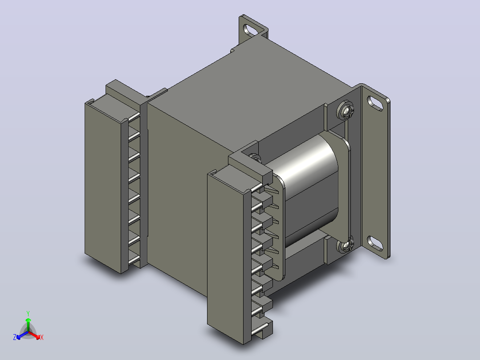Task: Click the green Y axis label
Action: tap(28, 313)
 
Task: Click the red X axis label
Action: tap(42, 337)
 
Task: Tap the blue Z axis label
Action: tap(14, 337)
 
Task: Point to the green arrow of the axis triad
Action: tap(28, 324)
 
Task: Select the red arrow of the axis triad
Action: tap(34, 335)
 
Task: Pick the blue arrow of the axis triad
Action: tap(22, 335)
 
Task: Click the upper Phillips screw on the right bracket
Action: tap(346, 110)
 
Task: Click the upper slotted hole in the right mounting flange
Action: tap(375, 103)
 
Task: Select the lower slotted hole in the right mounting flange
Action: tap(375, 243)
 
